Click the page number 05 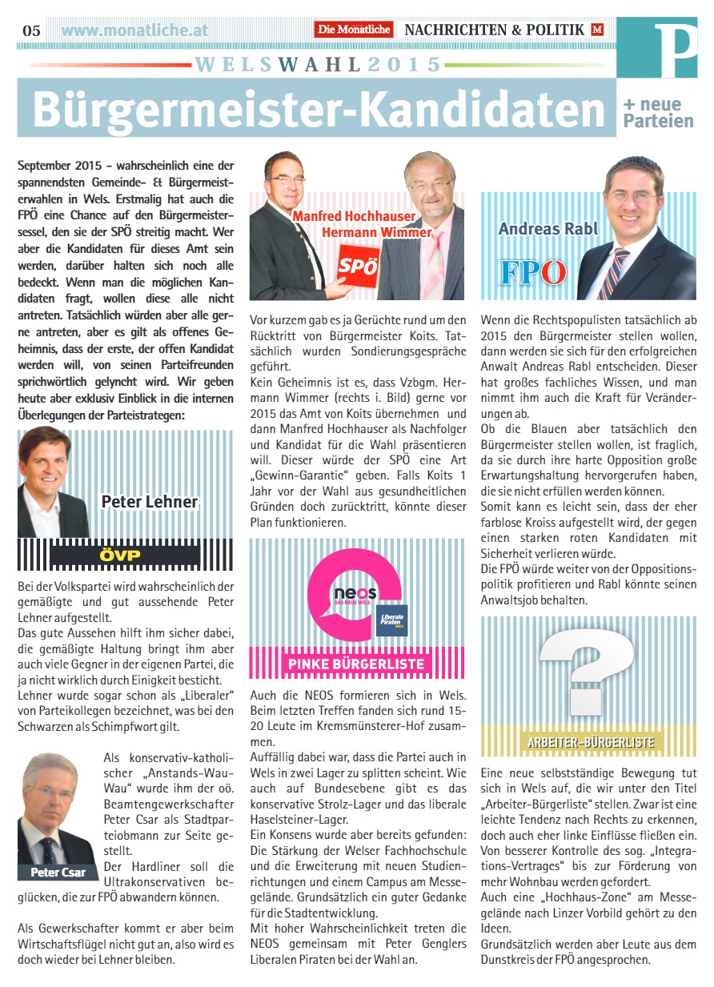click(x=31, y=30)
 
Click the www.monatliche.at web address click(x=134, y=30)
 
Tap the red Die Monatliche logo click(x=354, y=30)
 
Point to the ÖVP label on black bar click(x=120, y=555)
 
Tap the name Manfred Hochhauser click(x=353, y=216)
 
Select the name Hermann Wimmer click(x=376, y=232)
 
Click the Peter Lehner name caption click(x=149, y=502)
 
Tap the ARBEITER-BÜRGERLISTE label click(x=590, y=742)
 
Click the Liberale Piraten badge click(x=392, y=619)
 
